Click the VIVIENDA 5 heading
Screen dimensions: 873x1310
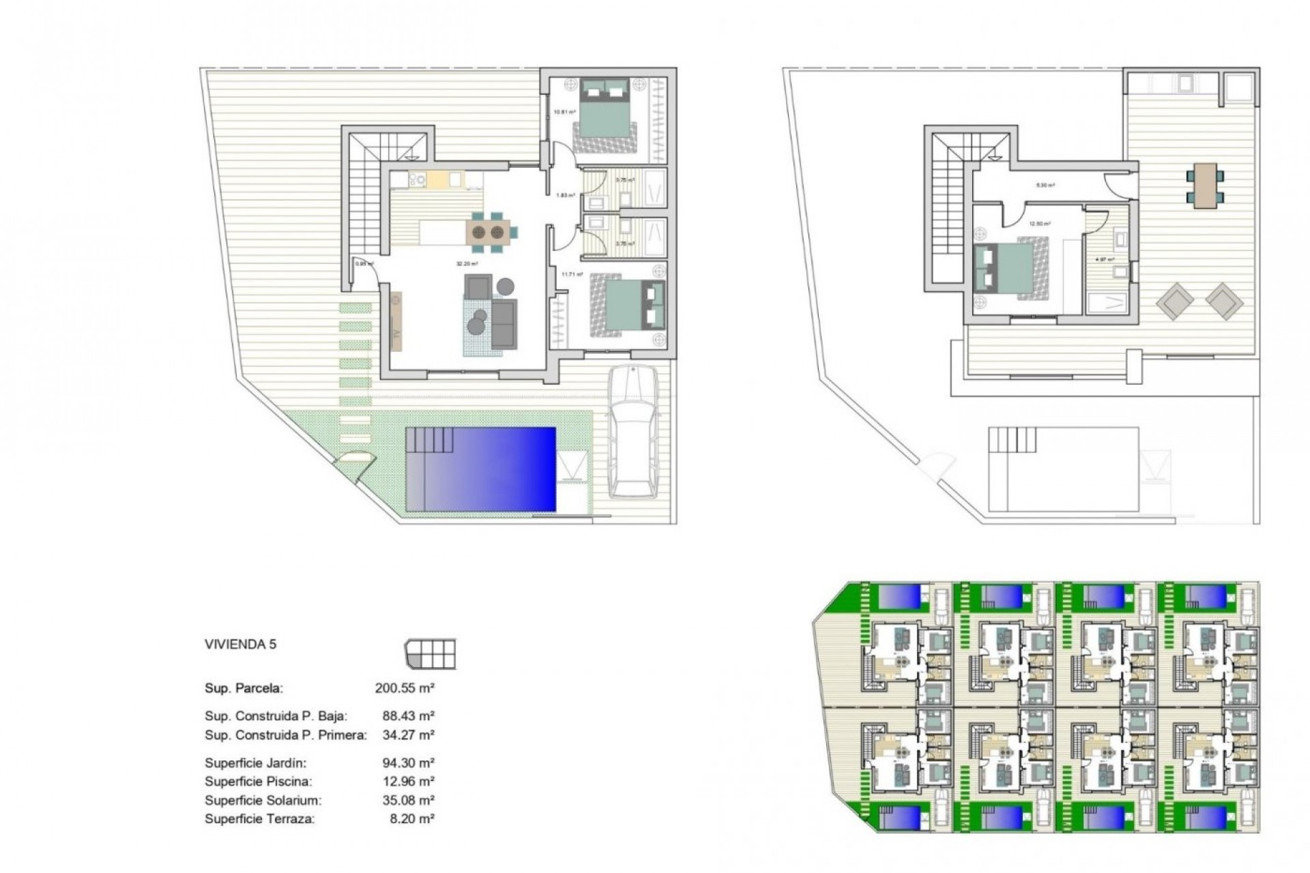point(240,644)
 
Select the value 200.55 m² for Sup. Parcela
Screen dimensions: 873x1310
point(405,688)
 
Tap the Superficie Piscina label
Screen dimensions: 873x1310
point(258,782)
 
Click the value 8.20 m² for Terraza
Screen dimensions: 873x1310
point(412,819)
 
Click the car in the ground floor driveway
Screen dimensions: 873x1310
point(634,431)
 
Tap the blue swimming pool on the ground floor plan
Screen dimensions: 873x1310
point(481,469)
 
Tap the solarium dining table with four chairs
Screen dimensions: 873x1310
point(1205,184)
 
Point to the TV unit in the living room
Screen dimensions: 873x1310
point(396,321)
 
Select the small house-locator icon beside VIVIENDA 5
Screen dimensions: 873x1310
point(430,654)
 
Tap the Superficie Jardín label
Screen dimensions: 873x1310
point(255,763)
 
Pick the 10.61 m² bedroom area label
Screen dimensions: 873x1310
point(564,112)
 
